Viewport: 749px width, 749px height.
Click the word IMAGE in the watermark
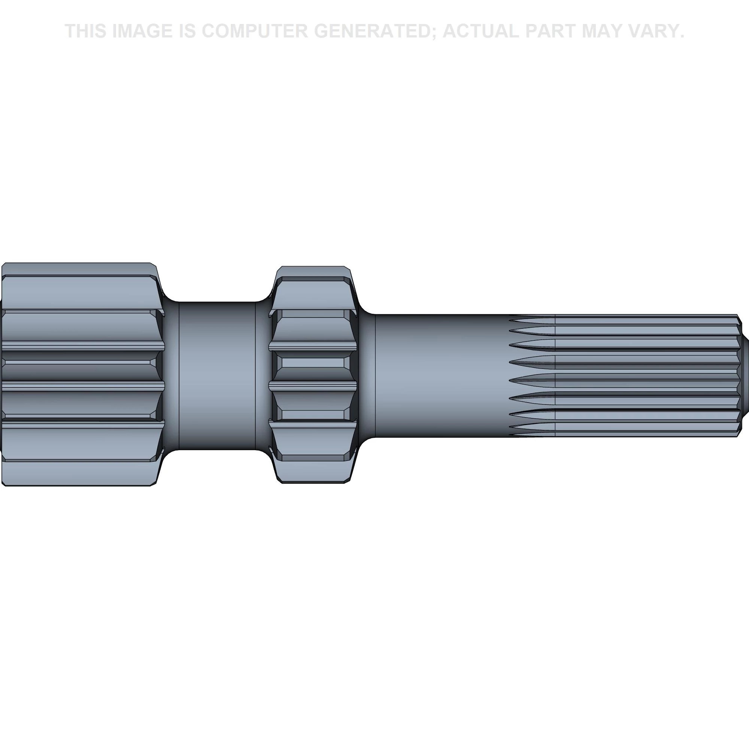(x=142, y=31)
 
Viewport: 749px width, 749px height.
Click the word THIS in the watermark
(x=86, y=31)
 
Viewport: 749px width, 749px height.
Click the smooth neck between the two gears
(x=217, y=376)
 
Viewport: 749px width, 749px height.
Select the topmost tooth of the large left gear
(x=79, y=269)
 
